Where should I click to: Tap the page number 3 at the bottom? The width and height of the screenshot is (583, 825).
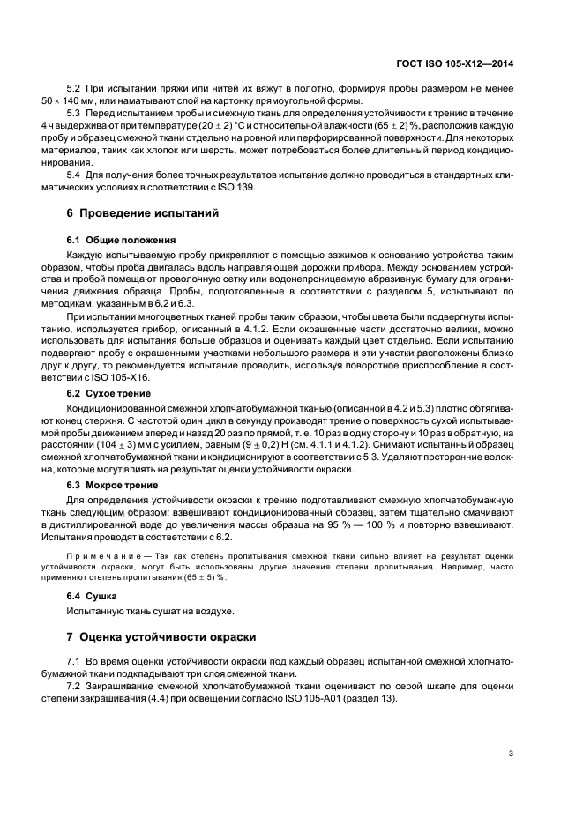(512, 753)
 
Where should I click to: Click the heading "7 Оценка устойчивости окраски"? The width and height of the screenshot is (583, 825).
(160, 635)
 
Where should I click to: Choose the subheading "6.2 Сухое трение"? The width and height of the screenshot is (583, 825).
(108, 393)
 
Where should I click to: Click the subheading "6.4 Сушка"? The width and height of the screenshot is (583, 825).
(94, 595)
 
